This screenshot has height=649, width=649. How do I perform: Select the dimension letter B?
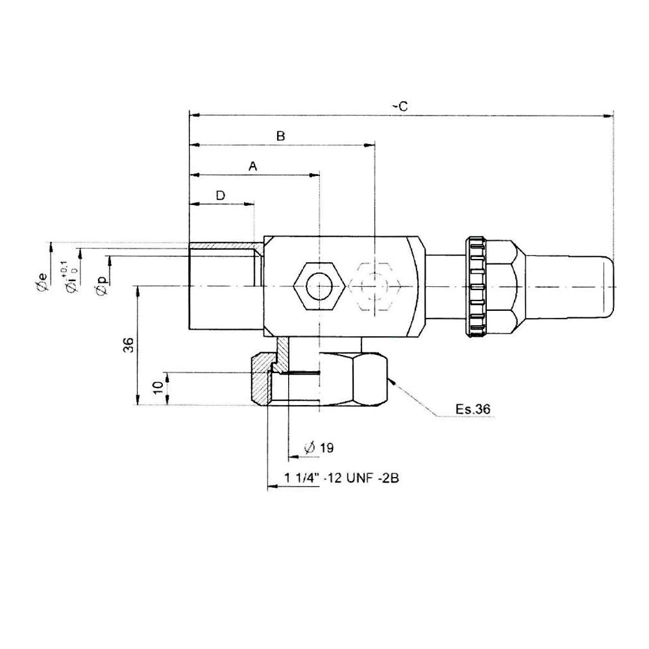point(280,136)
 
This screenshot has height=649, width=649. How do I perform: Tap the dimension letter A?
point(253,167)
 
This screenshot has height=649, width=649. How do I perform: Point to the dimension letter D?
point(221,195)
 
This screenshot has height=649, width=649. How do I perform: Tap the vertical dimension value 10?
point(157,387)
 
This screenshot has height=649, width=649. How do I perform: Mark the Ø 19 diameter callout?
point(319,448)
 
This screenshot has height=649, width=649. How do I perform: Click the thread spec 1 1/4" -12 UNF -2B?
point(341,479)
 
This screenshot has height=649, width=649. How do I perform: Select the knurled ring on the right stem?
point(478,286)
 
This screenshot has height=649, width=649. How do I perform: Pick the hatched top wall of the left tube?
point(224,248)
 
